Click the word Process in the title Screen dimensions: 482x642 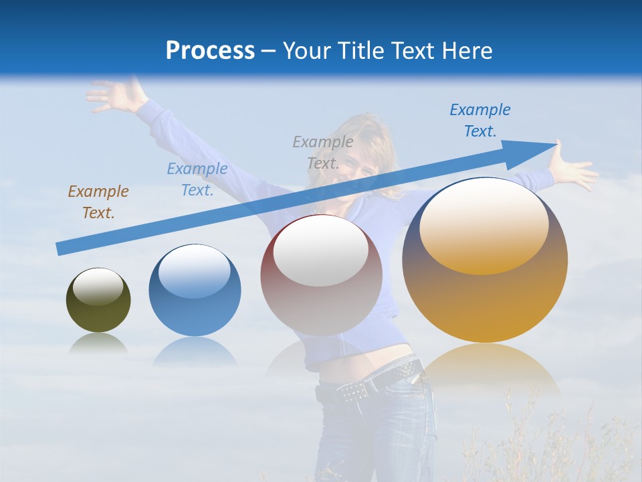(x=210, y=51)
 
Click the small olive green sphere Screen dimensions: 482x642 (x=98, y=301)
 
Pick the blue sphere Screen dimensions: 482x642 (x=195, y=291)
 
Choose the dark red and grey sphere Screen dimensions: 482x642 (x=321, y=276)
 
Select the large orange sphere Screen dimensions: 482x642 (x=485, y=260)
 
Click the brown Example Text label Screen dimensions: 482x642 (x=98, y=202)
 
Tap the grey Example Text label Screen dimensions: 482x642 (x=323, y=152)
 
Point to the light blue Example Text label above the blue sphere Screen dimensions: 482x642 (x=197, y=179)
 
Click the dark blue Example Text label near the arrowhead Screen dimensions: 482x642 (x=480, y=120)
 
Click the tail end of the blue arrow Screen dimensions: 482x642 (x=60, y=249)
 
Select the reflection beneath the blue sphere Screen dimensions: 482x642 (x=195, y=351)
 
